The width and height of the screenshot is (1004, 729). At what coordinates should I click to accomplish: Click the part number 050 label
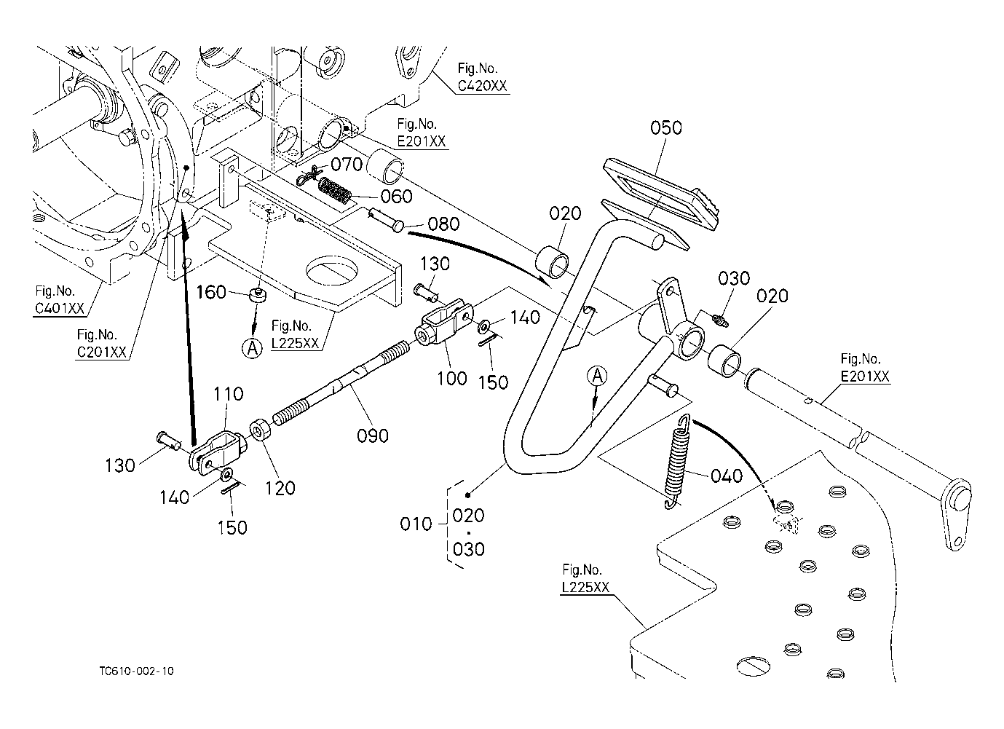point(665,128)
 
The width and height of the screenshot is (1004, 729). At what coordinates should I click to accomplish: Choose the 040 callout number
point(726,476)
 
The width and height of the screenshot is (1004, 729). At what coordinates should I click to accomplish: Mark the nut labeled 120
point(258,430)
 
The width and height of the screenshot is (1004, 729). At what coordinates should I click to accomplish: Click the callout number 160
point(211,293)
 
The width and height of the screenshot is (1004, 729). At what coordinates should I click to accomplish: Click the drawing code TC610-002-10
point(138,671)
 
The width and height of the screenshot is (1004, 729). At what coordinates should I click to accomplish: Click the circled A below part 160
point(252,349)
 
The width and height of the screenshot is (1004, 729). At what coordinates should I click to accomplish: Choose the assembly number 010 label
point(416,524)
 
